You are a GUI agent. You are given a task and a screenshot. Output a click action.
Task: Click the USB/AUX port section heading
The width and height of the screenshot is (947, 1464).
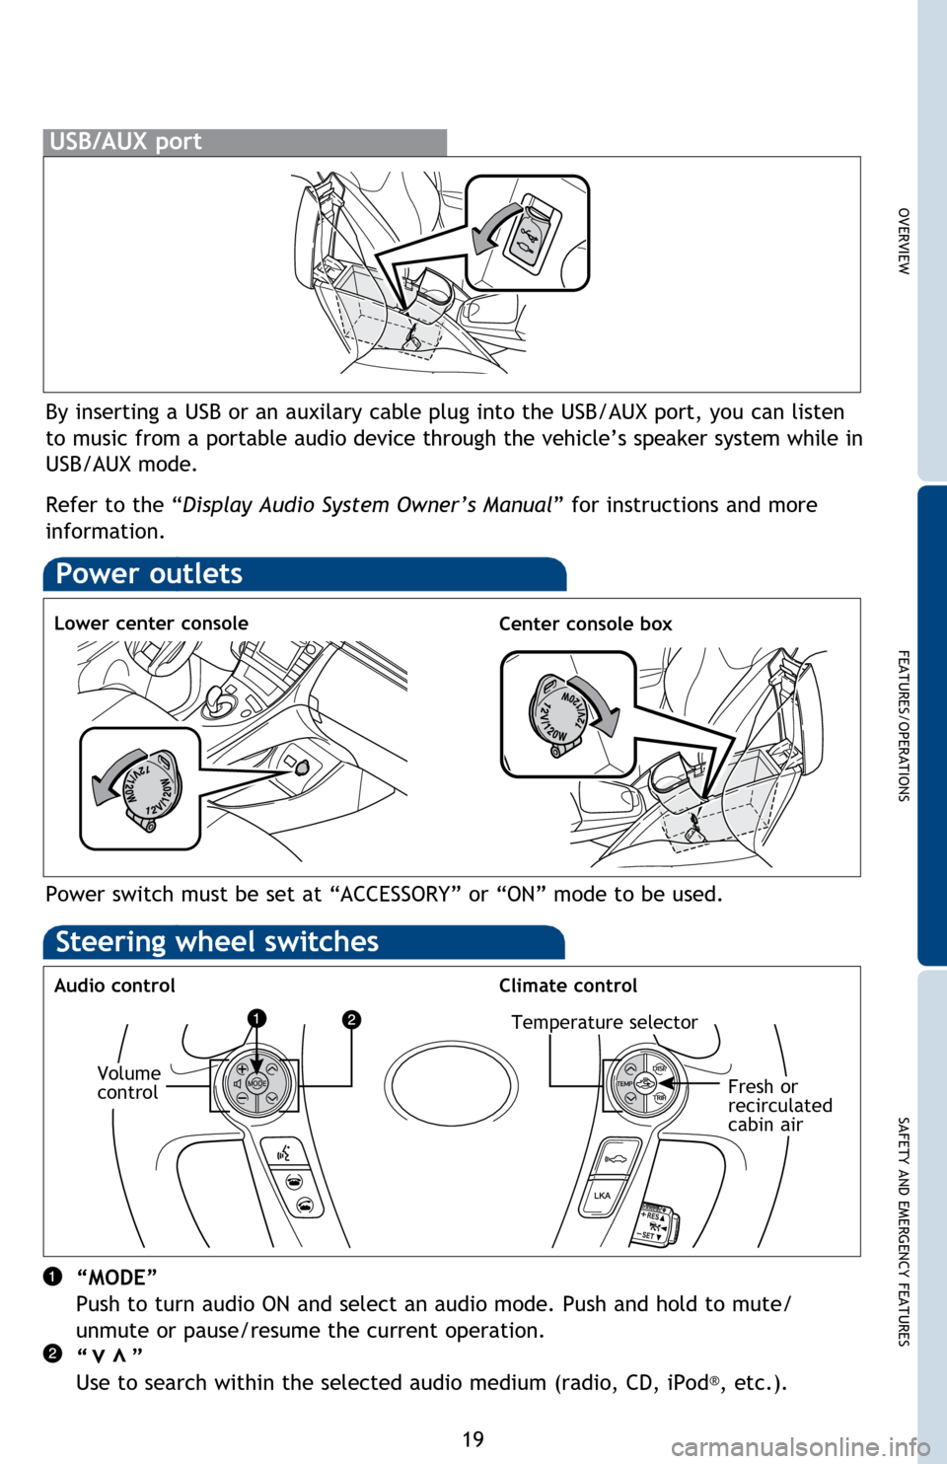pos(125,141)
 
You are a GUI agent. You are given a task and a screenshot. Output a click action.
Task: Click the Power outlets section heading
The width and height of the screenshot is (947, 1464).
pos(149,574)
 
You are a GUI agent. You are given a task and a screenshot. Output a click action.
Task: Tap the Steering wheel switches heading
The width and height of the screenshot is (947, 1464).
pos(217,942)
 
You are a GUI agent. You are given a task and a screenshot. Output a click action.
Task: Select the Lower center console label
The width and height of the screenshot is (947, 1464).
pos(151,623)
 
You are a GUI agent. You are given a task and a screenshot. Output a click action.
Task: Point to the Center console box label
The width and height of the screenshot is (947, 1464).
pos(585,623)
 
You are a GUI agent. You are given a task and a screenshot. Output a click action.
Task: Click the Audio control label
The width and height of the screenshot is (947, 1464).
pos(115,985)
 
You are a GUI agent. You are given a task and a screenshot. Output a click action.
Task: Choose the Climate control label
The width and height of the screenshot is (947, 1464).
pos(568,985)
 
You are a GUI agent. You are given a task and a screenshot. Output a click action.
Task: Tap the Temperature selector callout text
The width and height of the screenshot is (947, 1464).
pos(604,1022)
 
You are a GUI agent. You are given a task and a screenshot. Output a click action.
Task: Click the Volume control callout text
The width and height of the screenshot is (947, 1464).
pos(128,1082)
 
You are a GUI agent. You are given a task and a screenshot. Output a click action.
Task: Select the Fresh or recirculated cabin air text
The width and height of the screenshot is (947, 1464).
pos(779,1106)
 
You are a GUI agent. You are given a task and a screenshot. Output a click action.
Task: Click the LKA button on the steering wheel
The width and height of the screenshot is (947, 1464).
pos(602,1196)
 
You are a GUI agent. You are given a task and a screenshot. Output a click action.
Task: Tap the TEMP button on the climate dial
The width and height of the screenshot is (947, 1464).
pos(624,1084)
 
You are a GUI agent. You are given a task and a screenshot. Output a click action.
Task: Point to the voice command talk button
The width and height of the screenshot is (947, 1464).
pos(284,1151)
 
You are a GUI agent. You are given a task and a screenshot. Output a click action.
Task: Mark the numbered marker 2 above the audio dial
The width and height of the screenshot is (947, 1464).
pos(352,1019)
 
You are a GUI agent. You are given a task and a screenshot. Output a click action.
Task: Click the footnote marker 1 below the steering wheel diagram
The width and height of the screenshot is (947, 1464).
pos(52,1277)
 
